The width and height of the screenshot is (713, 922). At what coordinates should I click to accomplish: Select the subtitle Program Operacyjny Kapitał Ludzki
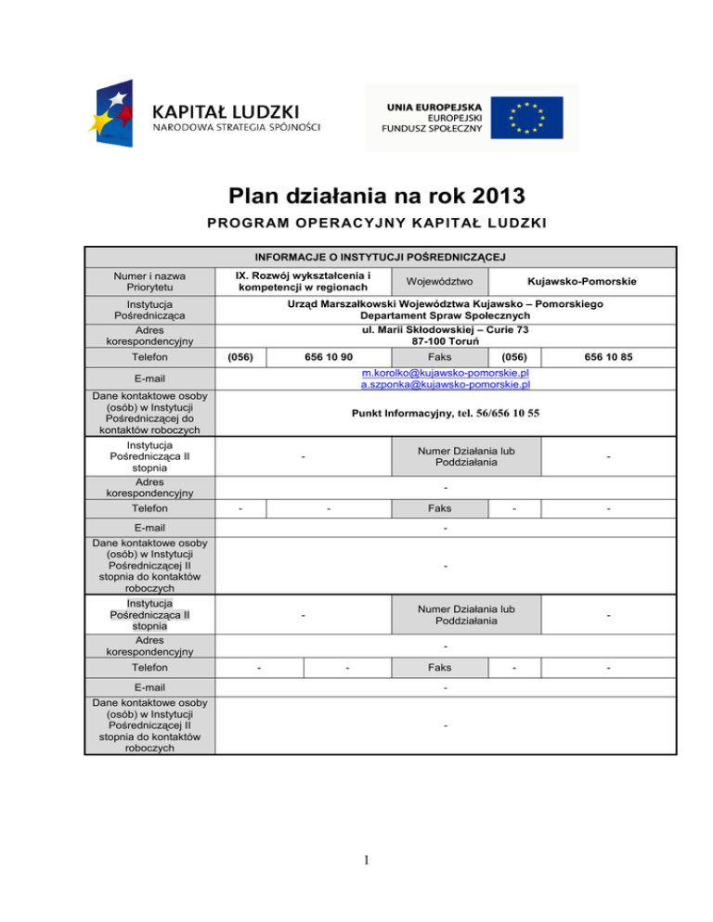356,224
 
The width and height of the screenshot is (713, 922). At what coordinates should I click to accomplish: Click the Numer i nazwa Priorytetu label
149,281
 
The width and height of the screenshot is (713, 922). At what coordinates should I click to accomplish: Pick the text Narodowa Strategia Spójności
236,126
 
